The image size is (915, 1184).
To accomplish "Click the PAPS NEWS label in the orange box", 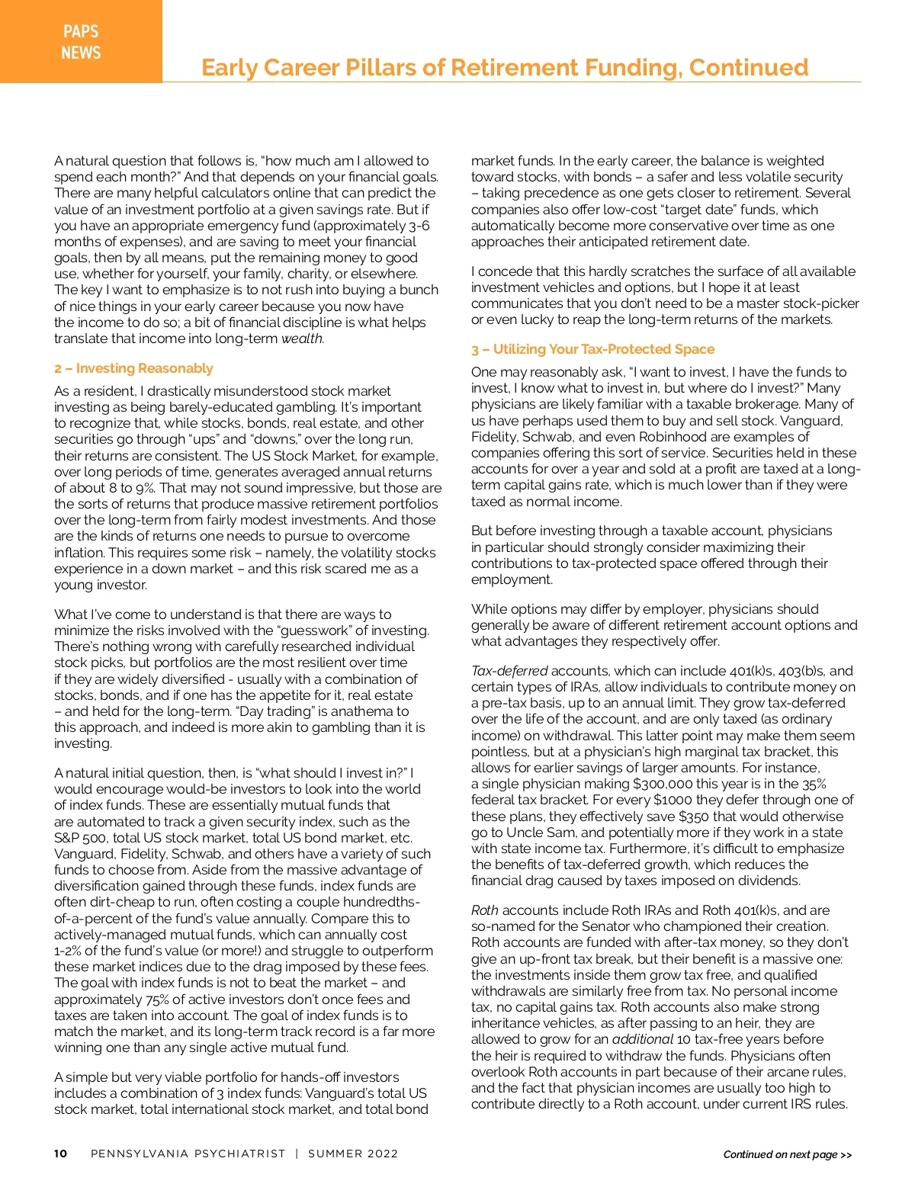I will click(81, 42).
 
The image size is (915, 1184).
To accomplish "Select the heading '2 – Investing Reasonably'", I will click(133, 368).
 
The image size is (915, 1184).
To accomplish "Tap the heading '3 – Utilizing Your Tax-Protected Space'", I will click(592, 349).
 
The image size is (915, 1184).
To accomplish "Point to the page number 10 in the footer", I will click(60, 1154).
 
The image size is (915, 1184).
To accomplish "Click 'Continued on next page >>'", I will click(788, 1154).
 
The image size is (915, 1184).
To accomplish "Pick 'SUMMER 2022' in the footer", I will click(353, 1154).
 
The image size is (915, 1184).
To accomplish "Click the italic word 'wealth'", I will click(302, 339).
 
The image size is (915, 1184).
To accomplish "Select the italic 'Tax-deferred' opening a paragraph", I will click(509, 671).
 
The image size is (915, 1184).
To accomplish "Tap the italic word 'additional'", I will click(643, 1039).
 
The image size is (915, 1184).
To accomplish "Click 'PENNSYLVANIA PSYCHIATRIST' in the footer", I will click(188, 1154).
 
